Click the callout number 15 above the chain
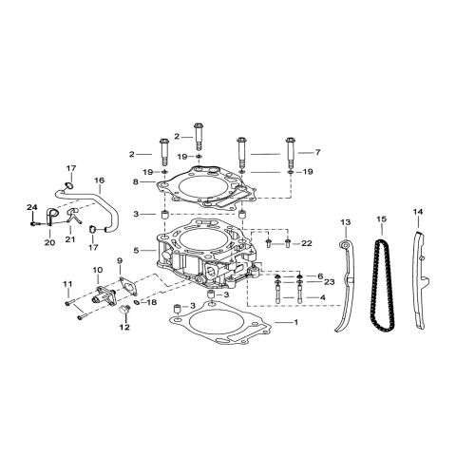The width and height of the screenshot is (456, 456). tap(381, 220)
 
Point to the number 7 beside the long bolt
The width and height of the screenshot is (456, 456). tap(317, 152)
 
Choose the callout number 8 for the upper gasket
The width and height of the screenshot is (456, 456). tap(138, 181)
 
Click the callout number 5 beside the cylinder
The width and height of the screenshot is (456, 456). tap(138, 251)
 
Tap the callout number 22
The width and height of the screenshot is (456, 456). tap(307, 244)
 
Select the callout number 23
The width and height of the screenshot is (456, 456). tap(329, 281)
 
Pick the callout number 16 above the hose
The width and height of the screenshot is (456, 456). tap(99, 180)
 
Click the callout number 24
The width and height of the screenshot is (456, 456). tap(31, 208)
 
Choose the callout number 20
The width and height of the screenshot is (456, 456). tap(49, 242)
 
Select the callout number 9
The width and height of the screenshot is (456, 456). tap(121, 260)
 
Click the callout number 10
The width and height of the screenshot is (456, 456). tap(97, 271)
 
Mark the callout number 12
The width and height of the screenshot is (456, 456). tap(123, 327)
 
